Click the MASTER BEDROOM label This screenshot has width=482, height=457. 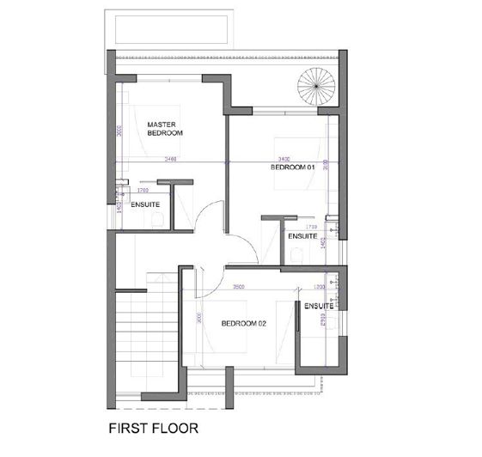tap(162, 129)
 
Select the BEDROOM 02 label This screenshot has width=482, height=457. tap(245, 323)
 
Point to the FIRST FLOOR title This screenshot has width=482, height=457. tap(154, 427)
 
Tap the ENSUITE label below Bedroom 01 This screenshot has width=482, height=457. tap(303, 235)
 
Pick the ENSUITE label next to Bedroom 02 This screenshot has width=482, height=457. tap(318, 305)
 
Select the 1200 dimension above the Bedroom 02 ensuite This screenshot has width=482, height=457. tap(320, 288)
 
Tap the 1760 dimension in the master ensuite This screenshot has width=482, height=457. tap(143, 190)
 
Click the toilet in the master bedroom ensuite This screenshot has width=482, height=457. tap(156, 222)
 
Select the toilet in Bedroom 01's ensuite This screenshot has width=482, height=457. tap(296, 253)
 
